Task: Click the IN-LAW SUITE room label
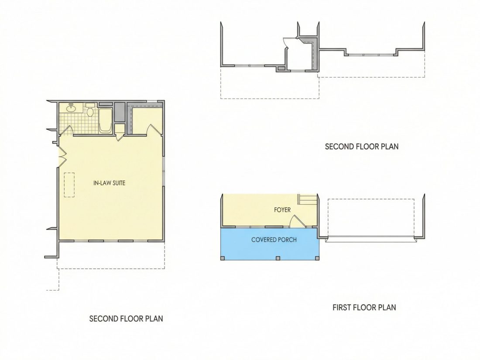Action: (109, 183)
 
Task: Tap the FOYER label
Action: (282, 210)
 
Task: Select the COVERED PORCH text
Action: (274, 240)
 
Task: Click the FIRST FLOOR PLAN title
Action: (364, 307)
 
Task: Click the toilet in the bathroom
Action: (90, 110)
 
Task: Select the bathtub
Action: (106, 120)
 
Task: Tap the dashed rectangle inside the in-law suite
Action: (69, 185)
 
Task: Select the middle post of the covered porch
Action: (278, 258)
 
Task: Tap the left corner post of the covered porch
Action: (223, 258)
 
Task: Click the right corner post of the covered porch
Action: (317, 258)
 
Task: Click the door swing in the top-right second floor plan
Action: (286, 43)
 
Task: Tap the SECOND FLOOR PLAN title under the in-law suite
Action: (126, 319)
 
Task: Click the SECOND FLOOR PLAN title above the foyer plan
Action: (362, 147)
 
